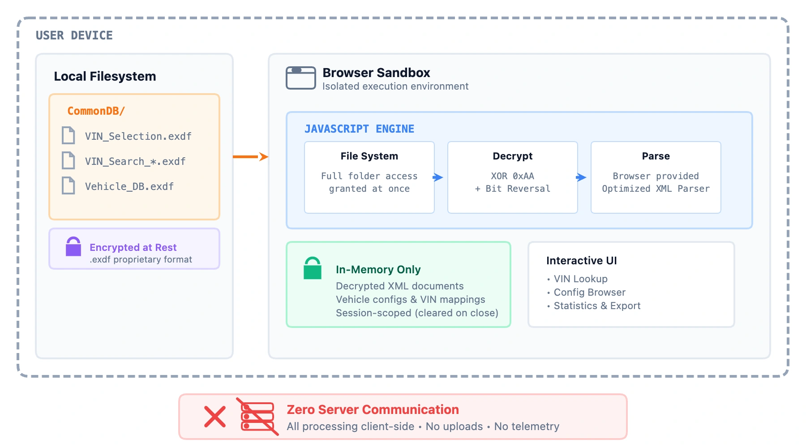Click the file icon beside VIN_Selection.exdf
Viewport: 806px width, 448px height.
coord(69,135)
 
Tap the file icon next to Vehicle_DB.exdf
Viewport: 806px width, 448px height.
coord(69,185)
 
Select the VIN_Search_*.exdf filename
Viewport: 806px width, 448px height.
coord(135,161)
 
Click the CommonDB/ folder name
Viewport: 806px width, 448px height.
coord(96,111)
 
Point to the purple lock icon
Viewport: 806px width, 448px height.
coord(73,247)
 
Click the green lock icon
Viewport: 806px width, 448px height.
coord(313,268)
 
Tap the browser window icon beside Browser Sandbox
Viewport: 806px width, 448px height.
coord(301,78)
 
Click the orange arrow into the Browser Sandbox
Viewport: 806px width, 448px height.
coord(251,156)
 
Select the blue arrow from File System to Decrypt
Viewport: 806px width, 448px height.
coord(438,177)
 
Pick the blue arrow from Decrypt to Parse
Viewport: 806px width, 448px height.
coord(581,177)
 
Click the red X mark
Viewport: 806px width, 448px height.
coord(215,417)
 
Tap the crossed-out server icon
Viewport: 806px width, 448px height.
coord(257,417)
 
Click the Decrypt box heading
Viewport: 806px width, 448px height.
coord(512,156)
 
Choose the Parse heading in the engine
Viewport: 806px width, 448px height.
coord(656,156)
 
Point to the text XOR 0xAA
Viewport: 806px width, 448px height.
coord(512,176)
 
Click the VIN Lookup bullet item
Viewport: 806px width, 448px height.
coord(580,279)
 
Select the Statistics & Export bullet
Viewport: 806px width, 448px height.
coord(597,306)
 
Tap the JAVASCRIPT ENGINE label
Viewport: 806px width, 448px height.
coord(359,129)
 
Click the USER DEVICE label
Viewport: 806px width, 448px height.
coord(74,35)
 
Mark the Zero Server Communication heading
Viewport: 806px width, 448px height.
coord(373,409)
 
